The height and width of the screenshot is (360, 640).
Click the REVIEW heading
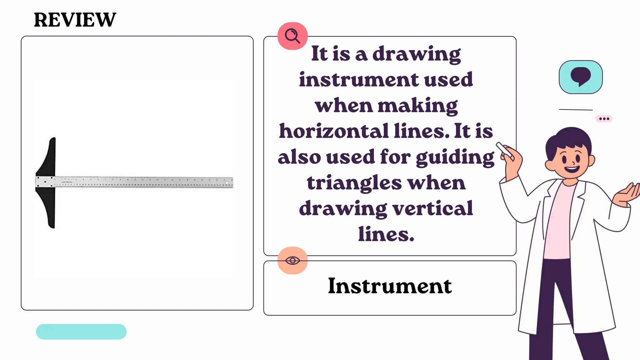[x=75, y=20]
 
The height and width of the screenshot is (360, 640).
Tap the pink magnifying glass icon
[x=292, y=36]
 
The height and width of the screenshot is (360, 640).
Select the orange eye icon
[x=292, y=260]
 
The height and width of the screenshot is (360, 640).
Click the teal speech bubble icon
[x=581, y=77]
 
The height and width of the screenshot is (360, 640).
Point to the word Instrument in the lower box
[x=390, y=286]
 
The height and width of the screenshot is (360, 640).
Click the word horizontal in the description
[x=333, y=131]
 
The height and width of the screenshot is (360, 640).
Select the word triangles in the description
[x=354, y=183]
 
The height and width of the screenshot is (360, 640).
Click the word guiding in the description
[x=455, y=157]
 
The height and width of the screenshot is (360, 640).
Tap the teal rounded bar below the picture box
[x=81, y=332]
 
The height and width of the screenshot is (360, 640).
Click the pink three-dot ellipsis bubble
[x=604, y=119]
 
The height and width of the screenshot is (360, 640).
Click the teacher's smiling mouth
[x=572, y=170]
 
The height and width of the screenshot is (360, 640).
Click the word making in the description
[x=418, y=105]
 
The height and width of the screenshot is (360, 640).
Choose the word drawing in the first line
[x=417, y=54]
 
